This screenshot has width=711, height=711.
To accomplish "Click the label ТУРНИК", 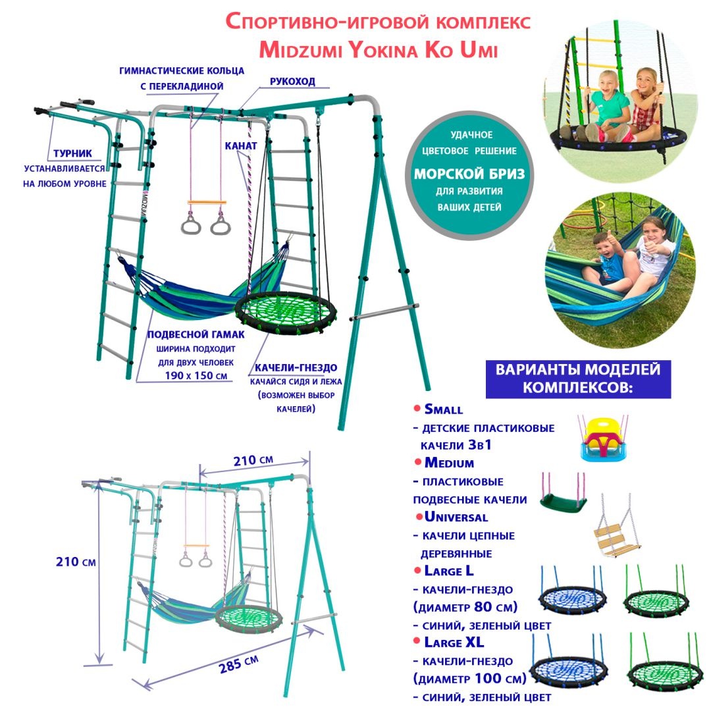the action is (x=72, y=153).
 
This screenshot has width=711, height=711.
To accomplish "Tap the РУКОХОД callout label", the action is (x=292, y=82).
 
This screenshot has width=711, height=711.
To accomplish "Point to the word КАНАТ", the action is (x=241, y=146).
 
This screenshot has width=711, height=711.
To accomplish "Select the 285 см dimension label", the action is (x=238, y=665).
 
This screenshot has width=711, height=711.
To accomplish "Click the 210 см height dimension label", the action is (x=76, y=562).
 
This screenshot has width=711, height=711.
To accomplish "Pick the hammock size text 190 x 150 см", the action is (x=196, y=376).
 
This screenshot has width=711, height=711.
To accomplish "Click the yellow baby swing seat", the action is (x=603, y=439).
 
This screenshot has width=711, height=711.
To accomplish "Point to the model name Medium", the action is (x=449, y=463).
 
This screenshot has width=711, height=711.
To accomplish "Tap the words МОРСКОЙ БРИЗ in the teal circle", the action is (x=469, y=174).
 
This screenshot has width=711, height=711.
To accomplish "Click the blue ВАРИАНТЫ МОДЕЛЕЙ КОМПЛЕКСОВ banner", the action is (x=578, y=379).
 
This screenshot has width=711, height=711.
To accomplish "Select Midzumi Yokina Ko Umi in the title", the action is (x=379, y=50).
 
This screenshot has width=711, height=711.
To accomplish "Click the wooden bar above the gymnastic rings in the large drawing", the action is (x=207, y=202).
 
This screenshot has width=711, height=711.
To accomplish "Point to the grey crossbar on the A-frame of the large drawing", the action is (x=384, y=312).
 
